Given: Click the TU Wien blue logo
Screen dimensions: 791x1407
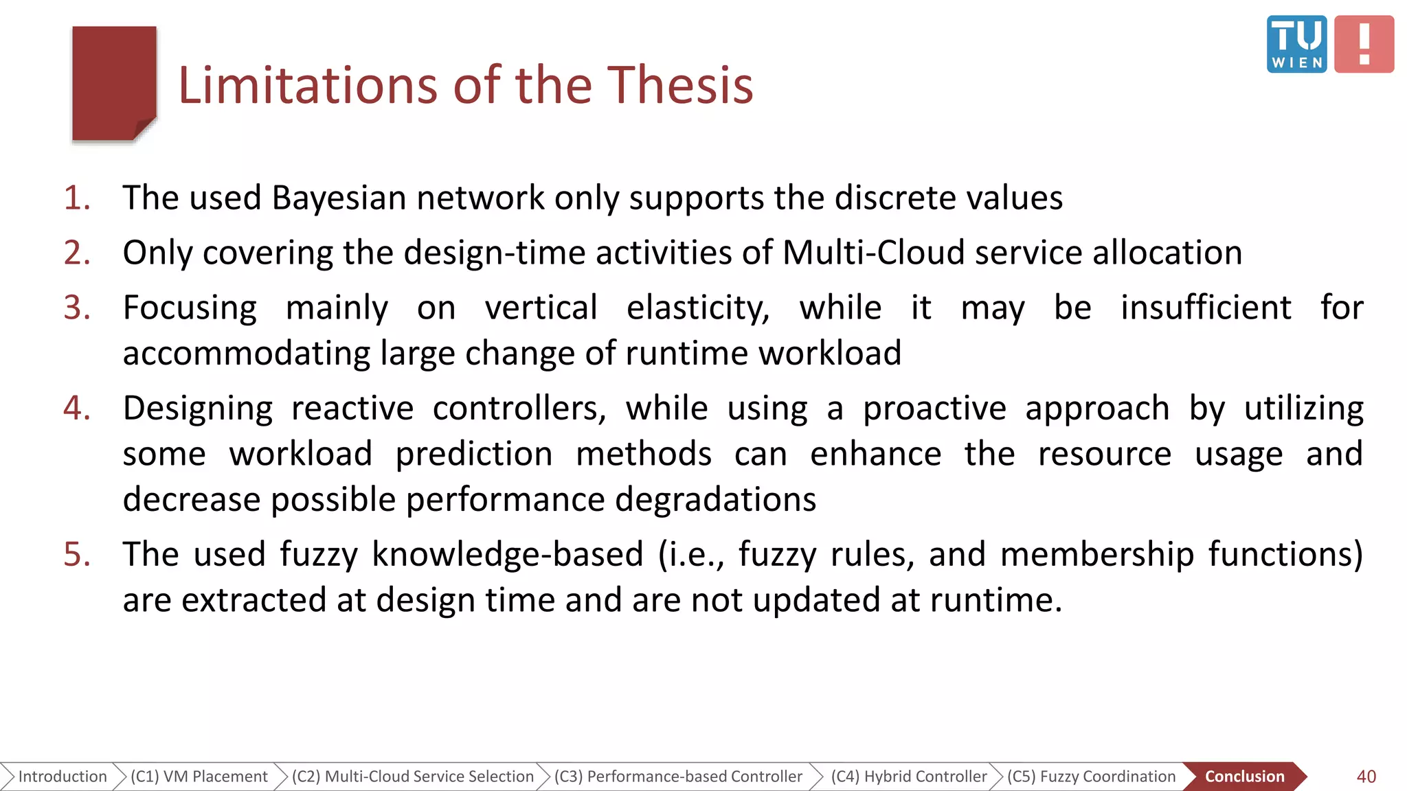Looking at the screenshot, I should click(1296, 44).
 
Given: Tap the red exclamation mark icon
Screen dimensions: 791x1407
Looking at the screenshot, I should click(1364, 44).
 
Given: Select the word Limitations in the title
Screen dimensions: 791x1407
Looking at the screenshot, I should click(308, 85).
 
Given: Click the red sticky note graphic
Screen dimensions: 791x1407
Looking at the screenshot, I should click(114, 84).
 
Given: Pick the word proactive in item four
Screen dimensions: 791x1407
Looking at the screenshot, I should click(934, 409).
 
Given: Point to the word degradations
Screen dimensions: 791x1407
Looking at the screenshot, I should click(715, 500).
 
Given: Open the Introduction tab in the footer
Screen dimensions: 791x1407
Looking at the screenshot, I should click(62, 777).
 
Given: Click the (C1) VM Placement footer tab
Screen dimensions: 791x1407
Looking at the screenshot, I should click(199, 777).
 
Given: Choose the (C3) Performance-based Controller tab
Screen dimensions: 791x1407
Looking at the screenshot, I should click(678, 777).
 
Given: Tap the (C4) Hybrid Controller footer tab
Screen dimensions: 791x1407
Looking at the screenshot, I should click(908, 777).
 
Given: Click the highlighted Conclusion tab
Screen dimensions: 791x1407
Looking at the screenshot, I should click(1244, 777).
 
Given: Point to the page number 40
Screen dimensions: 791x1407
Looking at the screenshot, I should click(1366, 777).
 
